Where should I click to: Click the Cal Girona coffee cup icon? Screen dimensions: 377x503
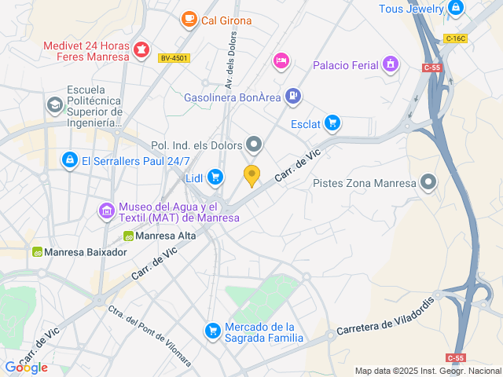point(189,19)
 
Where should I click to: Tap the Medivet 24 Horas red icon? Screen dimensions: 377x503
point(141,51)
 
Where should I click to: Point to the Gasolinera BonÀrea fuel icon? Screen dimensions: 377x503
point(292,97)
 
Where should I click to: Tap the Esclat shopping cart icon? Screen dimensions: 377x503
point(332,123)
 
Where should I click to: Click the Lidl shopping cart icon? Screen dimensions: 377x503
point(215,178)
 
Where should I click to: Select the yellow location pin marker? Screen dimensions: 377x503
point(251,177)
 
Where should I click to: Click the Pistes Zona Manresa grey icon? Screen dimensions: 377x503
point(428,183)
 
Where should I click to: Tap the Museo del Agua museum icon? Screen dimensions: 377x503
point(106,210)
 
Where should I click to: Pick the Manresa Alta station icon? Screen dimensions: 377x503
point(127,235)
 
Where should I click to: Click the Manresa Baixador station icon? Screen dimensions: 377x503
point(37,252)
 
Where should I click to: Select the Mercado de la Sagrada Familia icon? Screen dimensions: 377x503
point(211,331)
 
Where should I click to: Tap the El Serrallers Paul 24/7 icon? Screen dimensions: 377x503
point(70,160)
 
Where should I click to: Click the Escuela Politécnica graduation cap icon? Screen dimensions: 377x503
point(54,104)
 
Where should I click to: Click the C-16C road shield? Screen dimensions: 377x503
point(454,38)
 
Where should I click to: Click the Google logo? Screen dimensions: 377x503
point(26,367)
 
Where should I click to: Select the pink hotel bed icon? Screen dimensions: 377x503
point(281,60)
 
